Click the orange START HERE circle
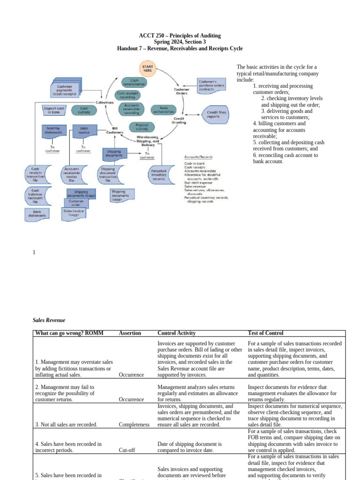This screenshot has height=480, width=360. [148, 68]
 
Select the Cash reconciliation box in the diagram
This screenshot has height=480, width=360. [134, 82]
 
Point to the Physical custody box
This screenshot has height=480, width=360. [142, 127]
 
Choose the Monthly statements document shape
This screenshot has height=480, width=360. [53, 130]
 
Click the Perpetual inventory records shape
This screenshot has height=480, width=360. [158, 175]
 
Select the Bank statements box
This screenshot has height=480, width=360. [37, 214]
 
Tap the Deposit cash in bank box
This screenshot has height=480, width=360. [53, 110]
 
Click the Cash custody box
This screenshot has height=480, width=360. [84, 110]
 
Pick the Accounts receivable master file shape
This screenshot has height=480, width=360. [72, 175]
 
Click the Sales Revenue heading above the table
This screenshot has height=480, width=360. [49, 320]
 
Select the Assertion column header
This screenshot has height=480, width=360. [130, 333]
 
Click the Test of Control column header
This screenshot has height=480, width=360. [265, 333]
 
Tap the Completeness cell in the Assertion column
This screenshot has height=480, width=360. [134, 425]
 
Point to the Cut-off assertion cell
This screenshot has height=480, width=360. [127, 450]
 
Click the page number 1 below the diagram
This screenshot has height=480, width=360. [34, 253]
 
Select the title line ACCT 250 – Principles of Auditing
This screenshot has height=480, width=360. [180, 36]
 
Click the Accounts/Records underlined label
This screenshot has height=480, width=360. [198, 157]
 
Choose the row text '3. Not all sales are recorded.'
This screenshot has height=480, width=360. [66, 425]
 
